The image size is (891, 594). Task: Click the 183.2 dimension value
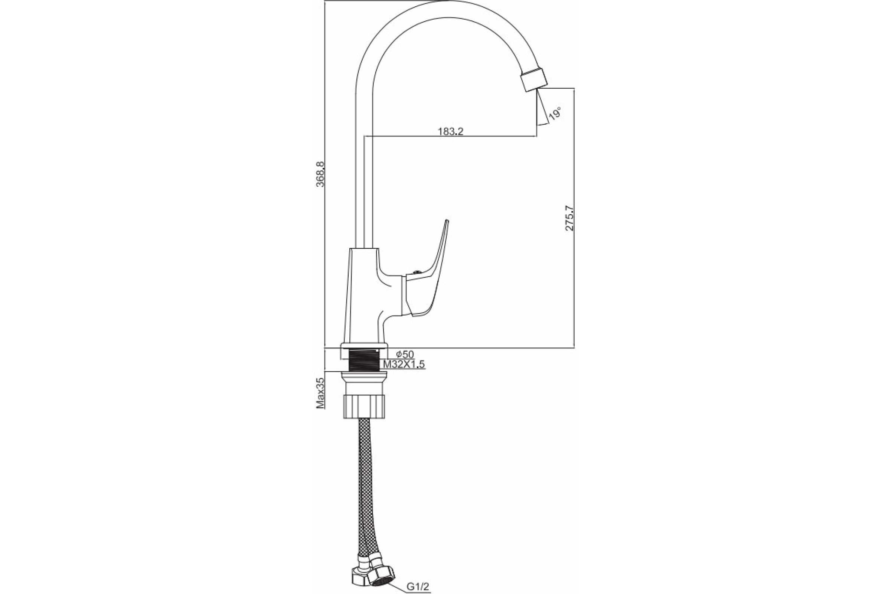tap(450, 131)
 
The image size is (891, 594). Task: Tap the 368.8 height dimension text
tap(321, 174)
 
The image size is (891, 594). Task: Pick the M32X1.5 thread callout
tap(404, 365)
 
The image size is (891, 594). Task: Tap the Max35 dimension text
tap(321, 392)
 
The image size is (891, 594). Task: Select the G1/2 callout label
tap(418, 587)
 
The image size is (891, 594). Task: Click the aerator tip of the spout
tap(534, 80)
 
